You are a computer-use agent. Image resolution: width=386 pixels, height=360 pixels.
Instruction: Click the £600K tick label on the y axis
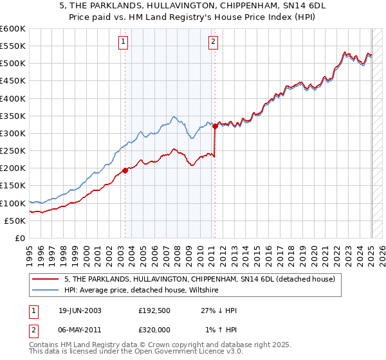[13, 29]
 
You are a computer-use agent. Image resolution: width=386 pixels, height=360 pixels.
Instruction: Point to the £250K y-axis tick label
[13, 150]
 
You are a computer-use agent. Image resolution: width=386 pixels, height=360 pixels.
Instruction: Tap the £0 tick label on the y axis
[21, 238]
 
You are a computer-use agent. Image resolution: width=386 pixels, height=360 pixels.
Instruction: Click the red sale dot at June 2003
[125, 170]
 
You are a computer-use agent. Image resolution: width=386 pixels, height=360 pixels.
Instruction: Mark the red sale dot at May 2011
[216, 126]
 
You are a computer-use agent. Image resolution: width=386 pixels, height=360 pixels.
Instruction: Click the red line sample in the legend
[45, 280]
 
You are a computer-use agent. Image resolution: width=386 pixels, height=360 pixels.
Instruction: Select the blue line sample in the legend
[45, 291]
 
